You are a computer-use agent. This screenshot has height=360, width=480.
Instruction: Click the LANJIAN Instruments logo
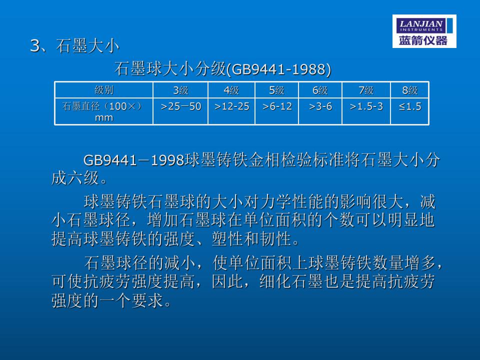point(424,31)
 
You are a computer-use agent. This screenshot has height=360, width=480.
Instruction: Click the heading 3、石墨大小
point(74,46)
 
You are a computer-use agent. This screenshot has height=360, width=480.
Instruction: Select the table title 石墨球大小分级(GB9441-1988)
point(223,68)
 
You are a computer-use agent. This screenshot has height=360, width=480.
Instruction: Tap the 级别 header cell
point(104,90)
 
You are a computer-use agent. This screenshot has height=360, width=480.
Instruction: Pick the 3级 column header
point(180,90)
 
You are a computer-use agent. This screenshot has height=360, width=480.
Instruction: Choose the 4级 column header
point(231,90)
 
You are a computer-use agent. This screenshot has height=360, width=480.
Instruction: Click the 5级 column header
point(276,90)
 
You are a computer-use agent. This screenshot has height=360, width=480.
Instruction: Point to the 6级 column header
point(320,90)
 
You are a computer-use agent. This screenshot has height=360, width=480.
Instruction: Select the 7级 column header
point(366,90)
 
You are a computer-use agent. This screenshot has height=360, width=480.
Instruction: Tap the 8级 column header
point(410,90)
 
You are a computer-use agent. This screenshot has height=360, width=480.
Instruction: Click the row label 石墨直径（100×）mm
point(103,111)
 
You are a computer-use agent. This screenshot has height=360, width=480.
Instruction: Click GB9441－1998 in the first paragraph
point(134,160)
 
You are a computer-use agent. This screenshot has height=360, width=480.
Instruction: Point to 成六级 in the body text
point(75,178)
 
